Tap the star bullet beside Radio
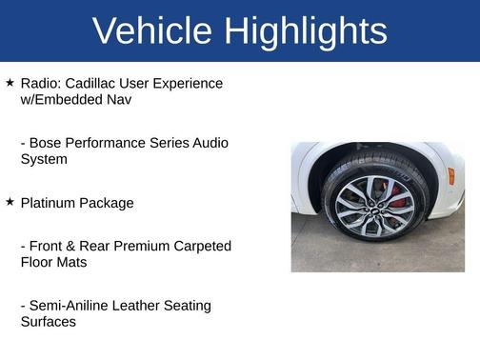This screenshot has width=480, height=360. click(10, 83)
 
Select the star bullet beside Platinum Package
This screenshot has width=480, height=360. click(10, 202)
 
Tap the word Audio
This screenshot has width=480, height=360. click(209, 143)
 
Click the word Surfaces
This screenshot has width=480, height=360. click(49, 321)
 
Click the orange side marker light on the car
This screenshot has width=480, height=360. click(450, 175)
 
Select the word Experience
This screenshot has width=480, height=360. click(190, 84)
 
